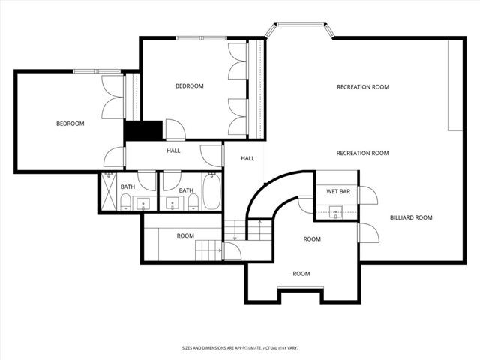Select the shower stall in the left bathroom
click(x=109, y=193)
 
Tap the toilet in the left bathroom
click(x=126, y=202)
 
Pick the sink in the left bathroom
click(x=143, y=202)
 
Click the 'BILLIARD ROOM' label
click(x=411, y=218)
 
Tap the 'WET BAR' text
click(x=337, y=192)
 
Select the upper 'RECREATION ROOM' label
click(x=362, y=87)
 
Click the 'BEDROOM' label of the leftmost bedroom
click(x=70, y=124)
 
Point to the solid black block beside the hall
click(x=142, y=130)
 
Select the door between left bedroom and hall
click(x=115, y=157)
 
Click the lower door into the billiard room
click(x=367, y=233)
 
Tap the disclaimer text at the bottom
click(x=239, y=348)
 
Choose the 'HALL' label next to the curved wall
click(x=247, y=159)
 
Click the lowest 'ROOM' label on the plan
click(x=301, y=274)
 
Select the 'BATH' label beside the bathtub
click(x=185, y=190)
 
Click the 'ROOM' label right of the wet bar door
click(x=312, y=239)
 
